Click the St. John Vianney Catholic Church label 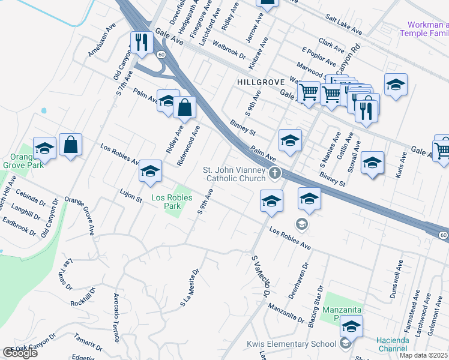(x=235, y=174)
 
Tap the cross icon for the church (x=275, y=174)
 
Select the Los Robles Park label (x=172, y=202)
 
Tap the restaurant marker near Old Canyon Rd (x=142, y=43)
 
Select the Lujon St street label (x=130, y=194)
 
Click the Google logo (x=20, y=353)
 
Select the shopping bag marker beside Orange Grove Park (x=70, y=145)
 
